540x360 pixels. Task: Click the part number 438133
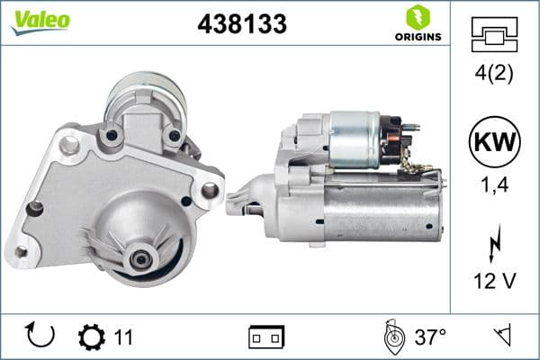241,24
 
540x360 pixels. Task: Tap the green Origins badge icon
417,16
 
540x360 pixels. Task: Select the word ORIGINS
417,37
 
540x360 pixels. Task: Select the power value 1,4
494,186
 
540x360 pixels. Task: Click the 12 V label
494,282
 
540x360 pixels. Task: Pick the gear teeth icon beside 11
91,337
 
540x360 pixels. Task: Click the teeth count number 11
123,337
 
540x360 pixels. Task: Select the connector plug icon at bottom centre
266,337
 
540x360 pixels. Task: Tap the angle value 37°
430,337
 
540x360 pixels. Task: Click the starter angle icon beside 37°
391,337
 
